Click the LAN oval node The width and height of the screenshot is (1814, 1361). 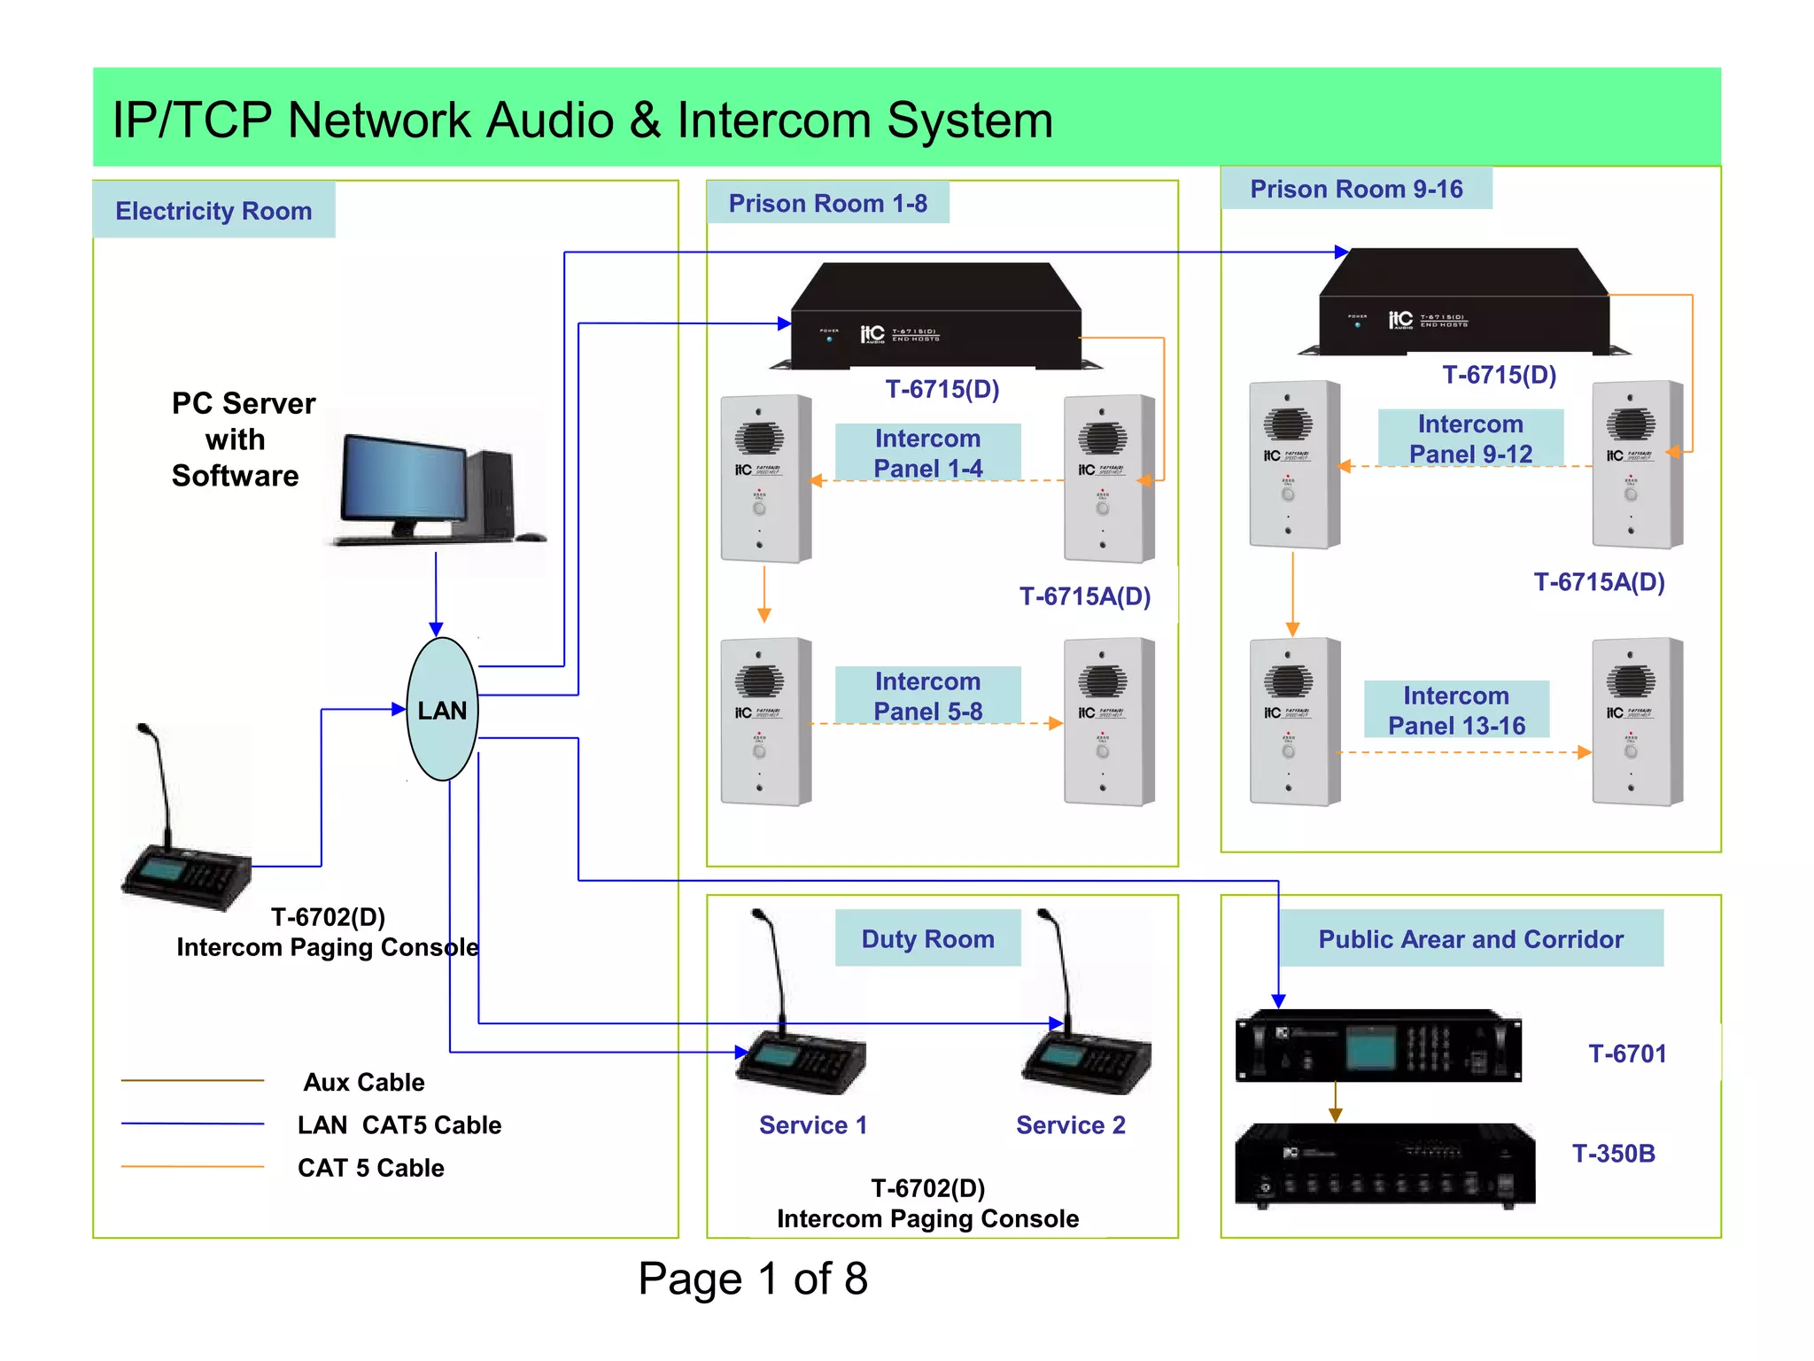[x=442, y=710]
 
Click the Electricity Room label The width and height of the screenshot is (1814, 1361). [x=213, y=211]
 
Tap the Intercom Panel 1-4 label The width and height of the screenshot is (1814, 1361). [x=927, y=453]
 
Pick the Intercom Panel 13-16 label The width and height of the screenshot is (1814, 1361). [x=1456, y=710]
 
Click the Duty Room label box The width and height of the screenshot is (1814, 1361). [x=927, y=938]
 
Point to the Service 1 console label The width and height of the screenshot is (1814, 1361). [x=812, y=1124]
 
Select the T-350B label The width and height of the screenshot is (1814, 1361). [x=1613, y=1153]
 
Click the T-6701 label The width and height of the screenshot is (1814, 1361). [x=1627, y=1054]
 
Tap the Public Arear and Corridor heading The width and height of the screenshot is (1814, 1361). [x=1470, y=938]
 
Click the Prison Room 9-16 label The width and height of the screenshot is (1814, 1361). [x=1356, y=189]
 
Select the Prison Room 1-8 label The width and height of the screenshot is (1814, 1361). [x=827, y=204]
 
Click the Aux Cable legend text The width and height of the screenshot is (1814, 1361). [x=364, y=1082]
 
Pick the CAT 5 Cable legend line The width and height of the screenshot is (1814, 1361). [x=192, y=1167]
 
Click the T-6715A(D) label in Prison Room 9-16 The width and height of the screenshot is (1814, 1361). [x=1599, y=582]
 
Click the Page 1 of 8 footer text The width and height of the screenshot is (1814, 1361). [x=752, y=1279]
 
